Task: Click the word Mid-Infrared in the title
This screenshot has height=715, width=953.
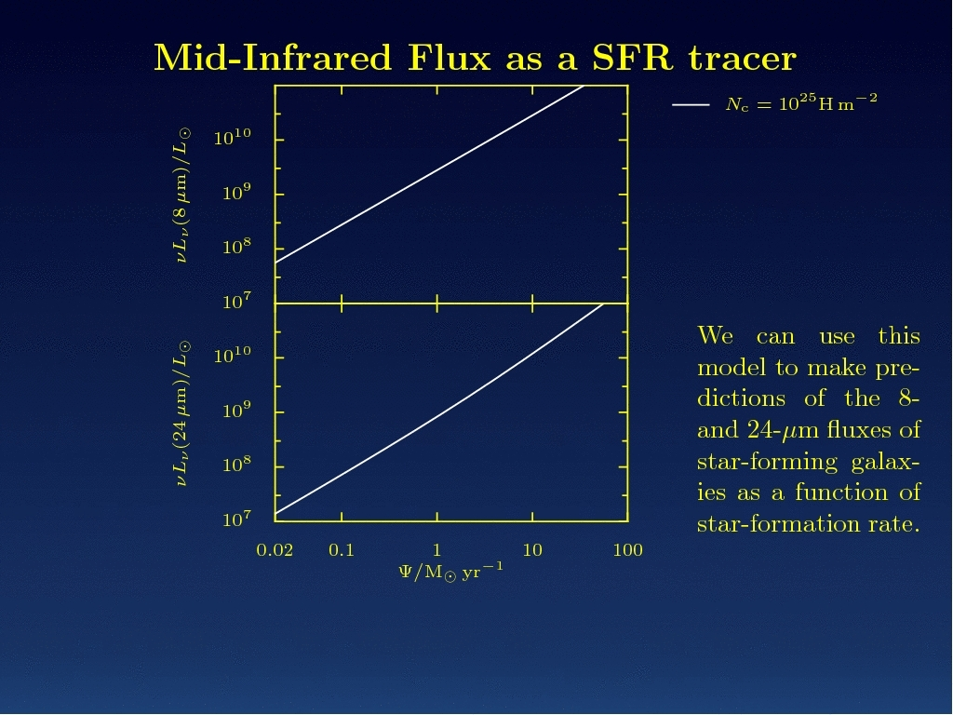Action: tap(273, 58)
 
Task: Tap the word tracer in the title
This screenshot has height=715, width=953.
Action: tap(742, 59)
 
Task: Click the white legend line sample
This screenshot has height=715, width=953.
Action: tap(691, 104)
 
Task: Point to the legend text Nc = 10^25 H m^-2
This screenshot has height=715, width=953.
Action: tap(801, 102)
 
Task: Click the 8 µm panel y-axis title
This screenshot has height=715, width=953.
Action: tap(182, 196)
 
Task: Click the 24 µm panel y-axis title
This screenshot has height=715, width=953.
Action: tap(182, 413)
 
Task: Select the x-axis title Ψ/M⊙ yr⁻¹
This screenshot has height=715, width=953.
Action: tap(451, 573)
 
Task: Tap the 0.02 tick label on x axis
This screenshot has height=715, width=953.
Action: tap(275, 550)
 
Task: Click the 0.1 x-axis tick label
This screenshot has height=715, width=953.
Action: tap(341, 550)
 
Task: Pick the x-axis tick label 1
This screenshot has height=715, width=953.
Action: tap(436, 550)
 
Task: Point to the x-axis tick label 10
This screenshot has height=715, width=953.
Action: tap(532, 550)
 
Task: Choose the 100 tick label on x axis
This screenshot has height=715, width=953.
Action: tap(628, 550)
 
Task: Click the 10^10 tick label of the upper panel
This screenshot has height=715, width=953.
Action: tap(232, 138)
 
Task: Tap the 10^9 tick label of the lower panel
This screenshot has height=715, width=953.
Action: tap(236, 411)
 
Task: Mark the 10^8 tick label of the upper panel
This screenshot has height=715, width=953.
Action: tap(236, 246)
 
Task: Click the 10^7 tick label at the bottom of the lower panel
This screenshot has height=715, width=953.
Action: tap(236, 519)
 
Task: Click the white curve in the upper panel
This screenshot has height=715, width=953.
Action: tap(429, 174)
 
